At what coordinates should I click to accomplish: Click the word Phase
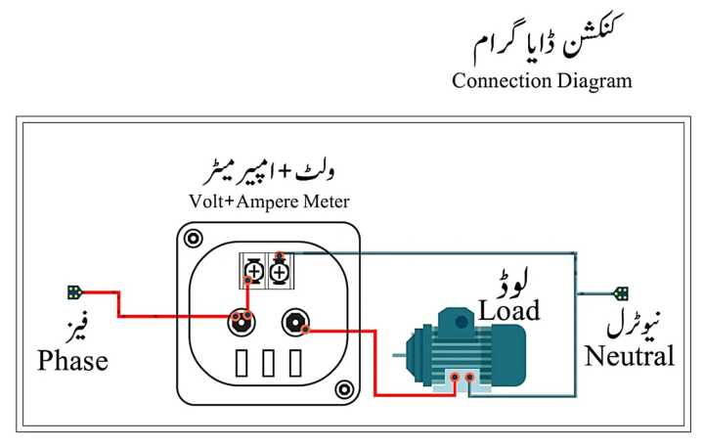[72, 361]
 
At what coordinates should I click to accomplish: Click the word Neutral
[630, 356]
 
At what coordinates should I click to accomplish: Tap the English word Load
[508, 311]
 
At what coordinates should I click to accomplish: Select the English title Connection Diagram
[542, 81]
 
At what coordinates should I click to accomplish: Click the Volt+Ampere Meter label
[269, 202]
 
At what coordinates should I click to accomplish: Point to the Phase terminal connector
[74, 291]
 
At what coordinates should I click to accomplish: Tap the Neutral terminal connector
[621, 291]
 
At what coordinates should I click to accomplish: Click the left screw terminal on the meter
[253, 267]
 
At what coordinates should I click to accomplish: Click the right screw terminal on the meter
[279, 267]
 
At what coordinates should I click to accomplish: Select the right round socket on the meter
[294, 321]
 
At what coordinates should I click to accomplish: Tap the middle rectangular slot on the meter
[268, 365]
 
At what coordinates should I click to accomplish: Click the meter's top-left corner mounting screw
[194, 238]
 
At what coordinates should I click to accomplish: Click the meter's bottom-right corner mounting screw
[342, 390]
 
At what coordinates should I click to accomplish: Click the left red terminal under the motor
[455, 376]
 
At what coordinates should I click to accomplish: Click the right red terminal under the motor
[471, 376]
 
